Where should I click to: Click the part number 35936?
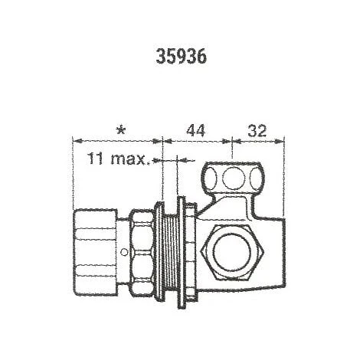click(x=181, y=56)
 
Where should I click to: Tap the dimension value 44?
click(x=196, y=130)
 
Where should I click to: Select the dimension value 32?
click(x=257, y=130)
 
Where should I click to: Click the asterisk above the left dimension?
click(x=120, y=131)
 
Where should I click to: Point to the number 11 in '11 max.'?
click(x=95, y=159)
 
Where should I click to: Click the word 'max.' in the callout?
click(x=130, y=159)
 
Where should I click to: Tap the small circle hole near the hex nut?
click(x=124, y=253)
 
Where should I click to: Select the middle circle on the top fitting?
click(x=234, y=178)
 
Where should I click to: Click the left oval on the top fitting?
click(x=211, y=178)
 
